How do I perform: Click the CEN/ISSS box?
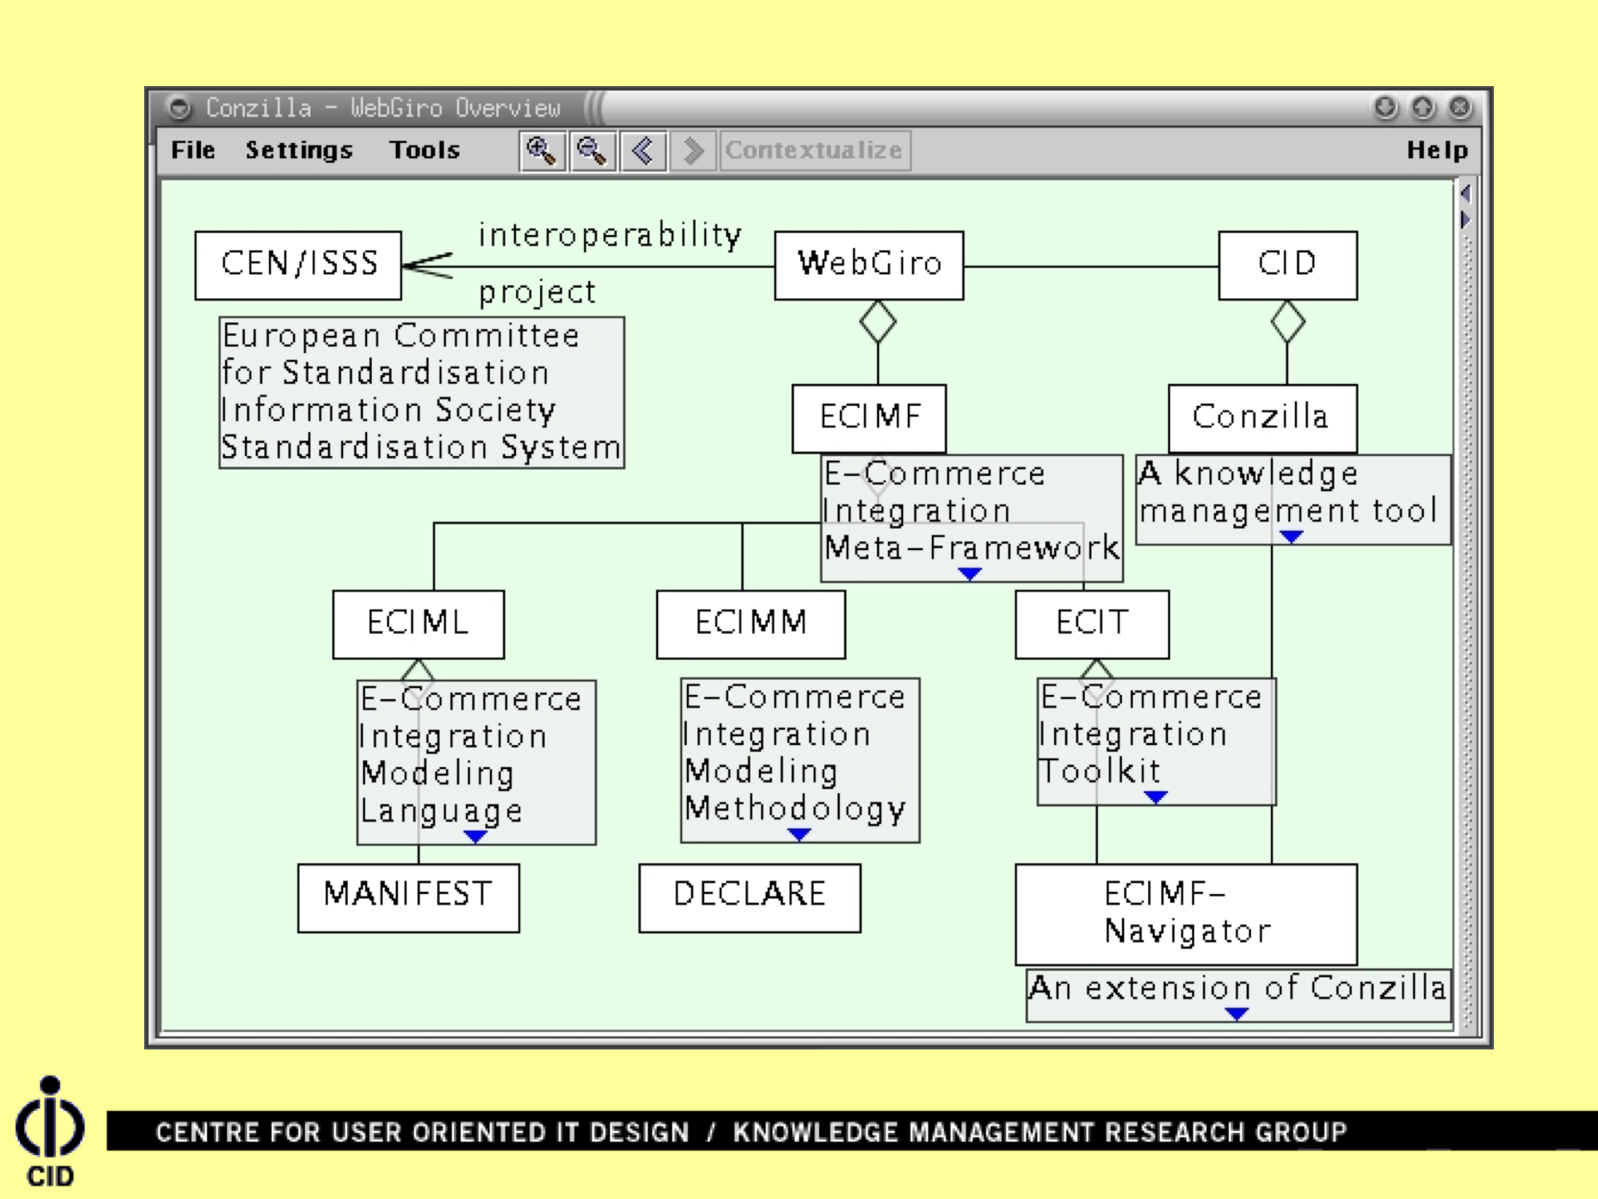(298, 265)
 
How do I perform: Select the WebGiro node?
(868, 265)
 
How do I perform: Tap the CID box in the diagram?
(1288, 265)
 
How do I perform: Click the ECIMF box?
(868, 418)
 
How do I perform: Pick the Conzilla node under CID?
(1262, 418)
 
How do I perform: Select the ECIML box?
(419, 624)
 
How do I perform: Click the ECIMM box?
(750, 624)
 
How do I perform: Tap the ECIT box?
(1091, 624)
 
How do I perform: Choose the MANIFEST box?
(408, 897)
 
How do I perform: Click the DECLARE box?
(749, 897)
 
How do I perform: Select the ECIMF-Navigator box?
(1185, 913)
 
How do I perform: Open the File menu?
(193, 150)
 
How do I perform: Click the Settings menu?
(299, 150)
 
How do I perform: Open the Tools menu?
(425, 150)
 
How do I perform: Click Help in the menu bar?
(1437, 150)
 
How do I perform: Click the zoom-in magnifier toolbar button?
(542, 151)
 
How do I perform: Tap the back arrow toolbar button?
(643, 151)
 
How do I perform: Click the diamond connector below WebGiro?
(878, 322)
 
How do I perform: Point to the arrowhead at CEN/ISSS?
(423, 265)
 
